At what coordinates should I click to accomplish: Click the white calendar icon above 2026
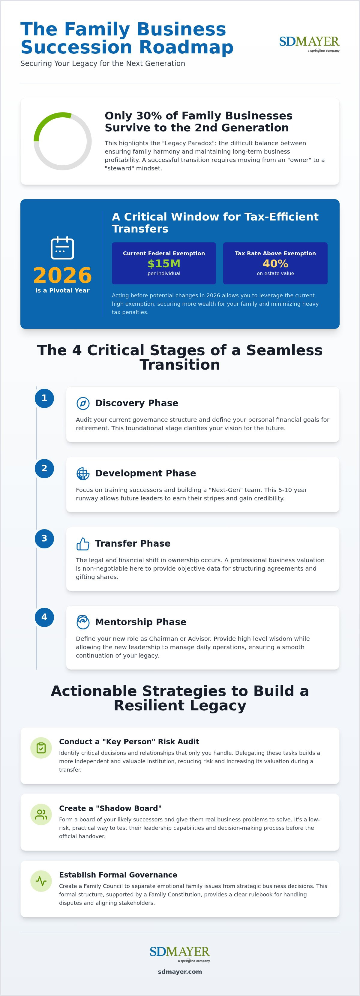[x=62, y=247]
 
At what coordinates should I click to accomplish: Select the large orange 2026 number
[x=62, y=275]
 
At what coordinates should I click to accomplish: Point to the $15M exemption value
[x=164, y=264]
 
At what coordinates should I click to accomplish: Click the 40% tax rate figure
[x=275, y=264]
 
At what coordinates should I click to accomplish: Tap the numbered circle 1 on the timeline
[x=44, y=398]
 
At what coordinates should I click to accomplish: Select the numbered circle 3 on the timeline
[x=44, y=538]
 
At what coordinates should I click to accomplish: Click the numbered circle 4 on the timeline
[x=44, y=617]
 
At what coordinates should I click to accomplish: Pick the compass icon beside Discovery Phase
[x=83, y=403]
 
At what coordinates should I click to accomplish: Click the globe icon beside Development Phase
[x=83, y=474]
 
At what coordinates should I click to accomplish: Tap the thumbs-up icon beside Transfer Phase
[x=83, y=544]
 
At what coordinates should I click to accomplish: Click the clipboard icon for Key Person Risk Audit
[x=41, y=748]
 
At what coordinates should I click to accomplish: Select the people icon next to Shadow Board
[x=41, y=814]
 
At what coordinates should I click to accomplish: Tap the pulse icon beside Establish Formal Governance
[x=41, y=881]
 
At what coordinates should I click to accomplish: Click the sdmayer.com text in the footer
[x=180, y=972]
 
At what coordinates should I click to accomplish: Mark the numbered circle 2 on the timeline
[x=44, y=469]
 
